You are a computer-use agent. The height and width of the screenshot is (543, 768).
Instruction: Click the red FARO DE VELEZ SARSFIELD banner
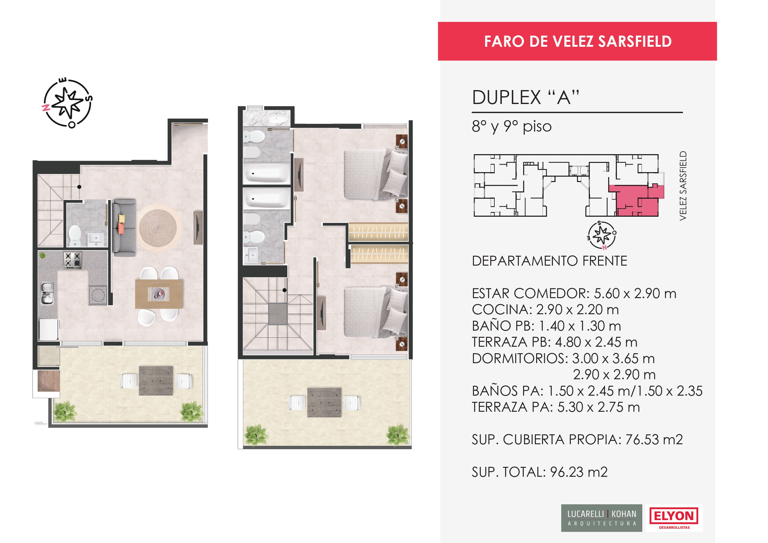[x=577, y=41]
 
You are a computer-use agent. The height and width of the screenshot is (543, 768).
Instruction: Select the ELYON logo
[x=674, y=518]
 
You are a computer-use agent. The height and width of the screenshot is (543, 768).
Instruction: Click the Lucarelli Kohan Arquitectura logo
[x=601, y=518]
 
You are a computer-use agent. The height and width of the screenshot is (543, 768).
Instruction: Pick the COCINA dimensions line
[x=545, y=310]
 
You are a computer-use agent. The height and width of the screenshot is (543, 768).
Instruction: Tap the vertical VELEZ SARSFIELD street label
[x=683, y=186]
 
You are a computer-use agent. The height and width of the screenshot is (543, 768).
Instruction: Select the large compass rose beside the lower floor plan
[x=67, y=103]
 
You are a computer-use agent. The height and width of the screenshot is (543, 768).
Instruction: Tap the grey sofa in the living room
[x=124, y=228]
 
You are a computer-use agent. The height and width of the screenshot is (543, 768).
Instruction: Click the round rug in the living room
[x=158, y=228]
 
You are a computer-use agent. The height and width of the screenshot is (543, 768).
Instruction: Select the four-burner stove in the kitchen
[x=72, y=260]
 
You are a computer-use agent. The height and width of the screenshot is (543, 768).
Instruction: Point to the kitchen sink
[x=47, y=294]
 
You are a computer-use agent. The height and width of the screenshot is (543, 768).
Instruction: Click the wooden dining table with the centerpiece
[x=159, y=294]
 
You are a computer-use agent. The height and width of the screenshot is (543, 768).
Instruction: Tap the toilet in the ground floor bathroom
[x=75, y=235]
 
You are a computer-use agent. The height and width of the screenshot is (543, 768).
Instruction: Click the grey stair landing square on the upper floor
[x=278, y=314]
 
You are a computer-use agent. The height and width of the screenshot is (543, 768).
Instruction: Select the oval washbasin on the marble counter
[x=278, y=119]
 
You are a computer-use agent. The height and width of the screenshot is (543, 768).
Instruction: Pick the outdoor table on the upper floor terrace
[x=324, y=402]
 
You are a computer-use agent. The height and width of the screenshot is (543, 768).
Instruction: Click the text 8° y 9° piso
[x=512, y=127]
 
